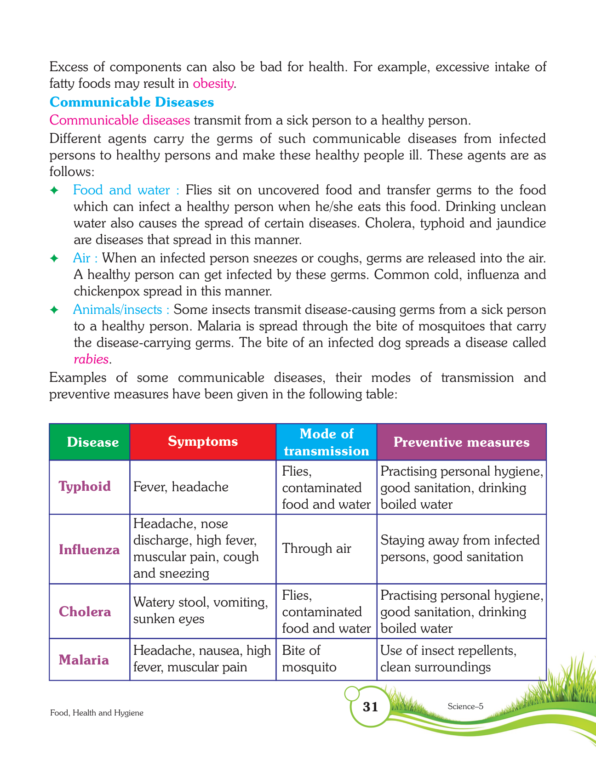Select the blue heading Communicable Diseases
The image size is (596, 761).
132,102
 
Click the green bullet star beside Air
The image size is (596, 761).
54,258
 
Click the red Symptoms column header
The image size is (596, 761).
203,442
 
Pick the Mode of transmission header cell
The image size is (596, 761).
327,442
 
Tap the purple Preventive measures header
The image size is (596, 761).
461,442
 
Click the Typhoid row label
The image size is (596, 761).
85,487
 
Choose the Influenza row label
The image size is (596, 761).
89,550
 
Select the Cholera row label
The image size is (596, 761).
85,612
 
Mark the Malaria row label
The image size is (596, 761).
84,660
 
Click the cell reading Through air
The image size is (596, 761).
316,549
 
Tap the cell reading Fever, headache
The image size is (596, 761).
181,487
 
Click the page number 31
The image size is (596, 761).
371,707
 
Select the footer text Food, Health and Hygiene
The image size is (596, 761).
97,713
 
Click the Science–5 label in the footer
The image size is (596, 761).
465,707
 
